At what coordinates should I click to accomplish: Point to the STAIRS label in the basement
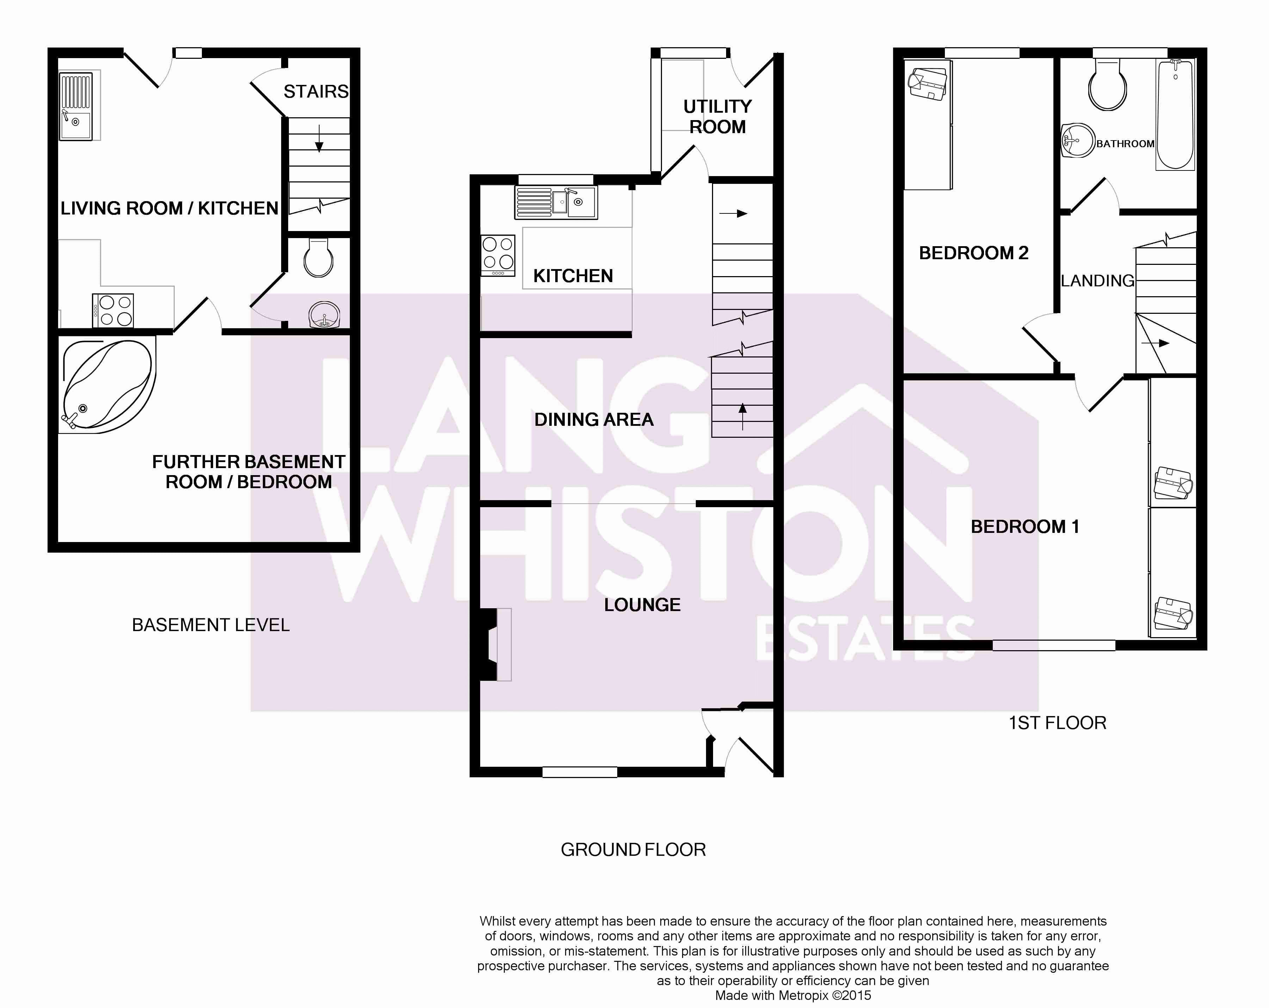pyautogui.click(x=316, y=92)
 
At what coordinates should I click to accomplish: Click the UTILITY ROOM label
pyautogui.click(x=718, y=117)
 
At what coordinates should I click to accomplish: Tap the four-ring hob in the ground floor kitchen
pyautogui.click(x=498, y=255)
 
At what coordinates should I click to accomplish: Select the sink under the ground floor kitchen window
pyautogui.click(x=556, y=203)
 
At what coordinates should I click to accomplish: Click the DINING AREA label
pyautogui.click(x=594, y=419)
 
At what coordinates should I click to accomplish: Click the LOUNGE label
pyautogui.click(x=642, y=605)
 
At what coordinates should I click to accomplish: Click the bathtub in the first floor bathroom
pyautogui.click(x=1175, y=115)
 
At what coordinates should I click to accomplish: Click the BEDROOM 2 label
pyautogui.click(x=973, y=253)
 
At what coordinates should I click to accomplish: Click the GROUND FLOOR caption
pyautogui.click(x=633, y=850)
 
